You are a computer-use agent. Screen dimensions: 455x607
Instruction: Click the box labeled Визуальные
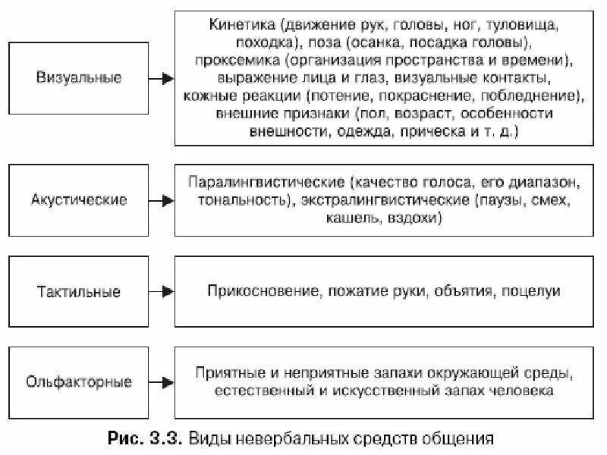coord(78,79)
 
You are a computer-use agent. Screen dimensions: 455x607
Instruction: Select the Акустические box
coord(78,201)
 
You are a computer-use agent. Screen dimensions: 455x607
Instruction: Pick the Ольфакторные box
coord(78,381)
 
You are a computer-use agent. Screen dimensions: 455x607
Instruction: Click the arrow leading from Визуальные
coord(161,79)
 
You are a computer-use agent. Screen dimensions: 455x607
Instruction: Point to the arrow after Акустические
coord(161,201)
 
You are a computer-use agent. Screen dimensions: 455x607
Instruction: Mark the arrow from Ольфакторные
coord(161,381)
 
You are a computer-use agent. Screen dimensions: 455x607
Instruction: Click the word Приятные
coord(226,374)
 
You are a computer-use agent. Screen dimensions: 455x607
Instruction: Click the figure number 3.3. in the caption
coord(161,438)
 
